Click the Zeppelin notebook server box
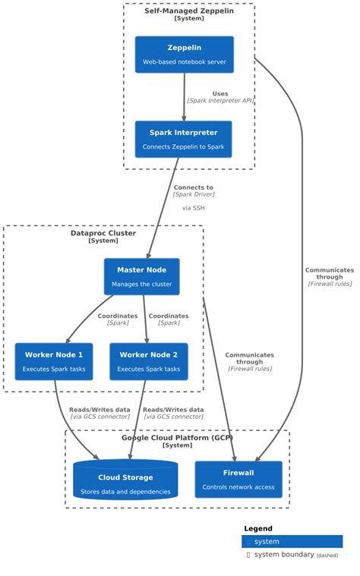coord(184,55)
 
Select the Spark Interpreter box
coord(183,139)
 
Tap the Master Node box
coord(141,276)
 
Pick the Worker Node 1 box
coord(54,361)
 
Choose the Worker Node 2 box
coord(148,361)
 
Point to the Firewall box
coord(238,480)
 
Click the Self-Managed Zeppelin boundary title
coord(189,11)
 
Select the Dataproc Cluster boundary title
coord(103,233)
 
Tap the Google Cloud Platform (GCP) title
coord(177,438)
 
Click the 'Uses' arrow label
coord(220,94)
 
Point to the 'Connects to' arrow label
coord(193,187)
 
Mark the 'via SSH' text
coord(193,207)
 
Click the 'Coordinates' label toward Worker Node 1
coord(118,316)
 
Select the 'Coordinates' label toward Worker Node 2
coord(169,316)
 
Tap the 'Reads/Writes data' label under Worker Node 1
coord(99,409)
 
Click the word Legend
coord(258,528)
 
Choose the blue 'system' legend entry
coord(292,542)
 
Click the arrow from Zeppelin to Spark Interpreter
coord(185,97)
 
